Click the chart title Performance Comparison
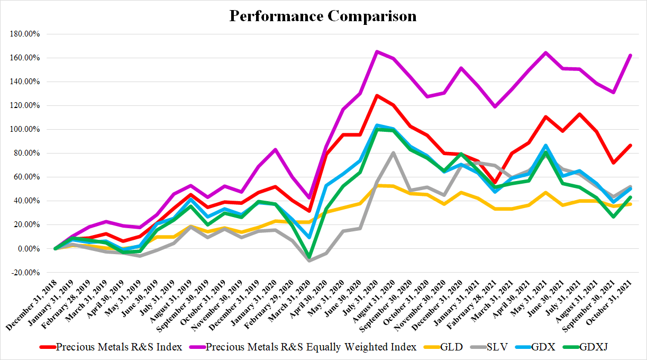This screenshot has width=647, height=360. [x=323, y=16]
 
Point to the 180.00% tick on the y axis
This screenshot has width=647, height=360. [x=25, y=34]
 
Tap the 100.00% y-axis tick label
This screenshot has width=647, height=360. [x=25, y=129]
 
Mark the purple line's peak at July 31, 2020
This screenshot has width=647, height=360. [x=376, y=51]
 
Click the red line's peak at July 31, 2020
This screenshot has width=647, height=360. [x=376, y=95]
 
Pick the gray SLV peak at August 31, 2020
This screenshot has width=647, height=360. [x=393, y=152]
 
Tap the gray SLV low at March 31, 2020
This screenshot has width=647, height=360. [x=309, y=260]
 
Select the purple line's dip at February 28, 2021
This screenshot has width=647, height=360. [x=495, y=106]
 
